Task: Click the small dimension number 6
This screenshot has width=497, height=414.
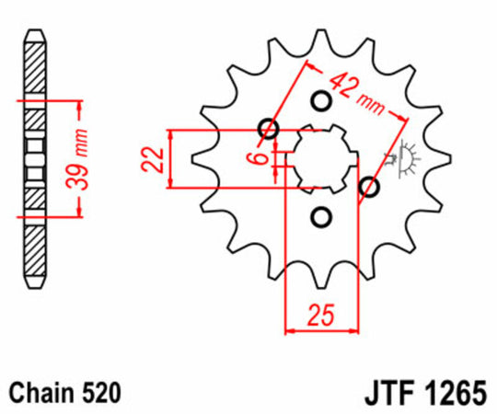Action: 262,158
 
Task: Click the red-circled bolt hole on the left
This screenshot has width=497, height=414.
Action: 269,129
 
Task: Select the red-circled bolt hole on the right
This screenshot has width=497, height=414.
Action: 371,188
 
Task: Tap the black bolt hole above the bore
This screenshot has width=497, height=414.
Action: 320,100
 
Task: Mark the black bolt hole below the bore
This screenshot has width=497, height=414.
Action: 320,216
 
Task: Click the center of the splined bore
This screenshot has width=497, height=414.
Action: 320,158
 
